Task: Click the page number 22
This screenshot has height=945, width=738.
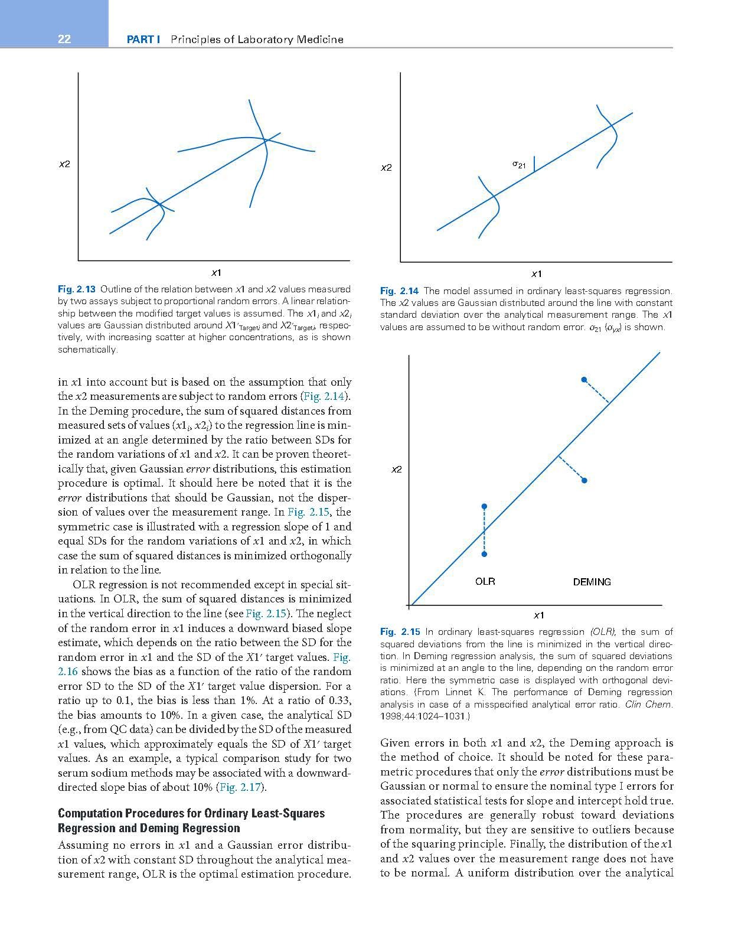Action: pyautogui.click(x=64, y=39)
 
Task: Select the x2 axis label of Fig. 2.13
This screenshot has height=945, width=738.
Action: pyautogui.click(x=64, y=164)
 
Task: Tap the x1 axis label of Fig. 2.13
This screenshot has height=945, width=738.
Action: pyautogui.click(x=217, y=272)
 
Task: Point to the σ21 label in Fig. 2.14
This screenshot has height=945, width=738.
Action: pyautogui.click(x=519, y=165)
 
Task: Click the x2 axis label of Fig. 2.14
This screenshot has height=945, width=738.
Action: pyautogui.click(x=386, y=168)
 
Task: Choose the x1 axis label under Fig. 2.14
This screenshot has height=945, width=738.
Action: pyautogui.click(x=537, y=273)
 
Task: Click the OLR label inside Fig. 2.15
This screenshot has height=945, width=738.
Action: pyautogui.click(x=485, y=581)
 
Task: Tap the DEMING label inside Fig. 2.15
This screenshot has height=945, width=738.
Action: pyautogui.click(x=592, y=582)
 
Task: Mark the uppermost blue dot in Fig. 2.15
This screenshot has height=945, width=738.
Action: pyautogui.click(x=584, y=379)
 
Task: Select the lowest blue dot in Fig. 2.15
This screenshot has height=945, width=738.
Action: pyautogui.click(x=484, y=554)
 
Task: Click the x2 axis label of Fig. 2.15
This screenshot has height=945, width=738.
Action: pyautogui.click(x=397, y=470)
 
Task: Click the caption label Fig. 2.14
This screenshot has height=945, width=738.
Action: pyautogui.click(x=399, y=291)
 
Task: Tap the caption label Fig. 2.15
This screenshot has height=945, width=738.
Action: pyautogui.click(x=399, y=632)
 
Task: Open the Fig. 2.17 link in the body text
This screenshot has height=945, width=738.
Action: pyautogui.click(x=241, y=787)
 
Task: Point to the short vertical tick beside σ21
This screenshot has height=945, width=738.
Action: pyautogui.click(x=534, y=164)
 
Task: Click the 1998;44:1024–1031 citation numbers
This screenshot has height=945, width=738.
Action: pyautogui.click(x=423, y=716)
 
